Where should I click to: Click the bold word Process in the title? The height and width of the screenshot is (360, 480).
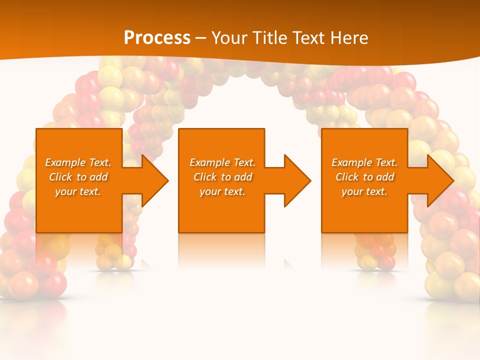[157, 38]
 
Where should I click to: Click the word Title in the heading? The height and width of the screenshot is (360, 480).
[266, 38]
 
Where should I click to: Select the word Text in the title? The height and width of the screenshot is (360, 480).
[308, 38]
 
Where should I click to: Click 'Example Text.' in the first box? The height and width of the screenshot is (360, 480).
[78, 162]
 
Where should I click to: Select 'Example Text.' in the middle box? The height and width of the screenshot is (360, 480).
[222, 162]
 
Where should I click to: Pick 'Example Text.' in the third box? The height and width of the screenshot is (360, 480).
[364, 162]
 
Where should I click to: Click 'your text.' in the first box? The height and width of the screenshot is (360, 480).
[78, 191]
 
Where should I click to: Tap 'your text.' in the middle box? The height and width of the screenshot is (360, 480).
[222, 191]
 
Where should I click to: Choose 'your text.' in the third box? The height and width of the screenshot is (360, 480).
[364, 191]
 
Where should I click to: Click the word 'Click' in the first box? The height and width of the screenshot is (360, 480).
[61, 177]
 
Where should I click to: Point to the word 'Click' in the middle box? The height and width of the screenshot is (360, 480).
[205, 177]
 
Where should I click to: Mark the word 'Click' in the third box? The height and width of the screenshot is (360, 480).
[347, 177]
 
